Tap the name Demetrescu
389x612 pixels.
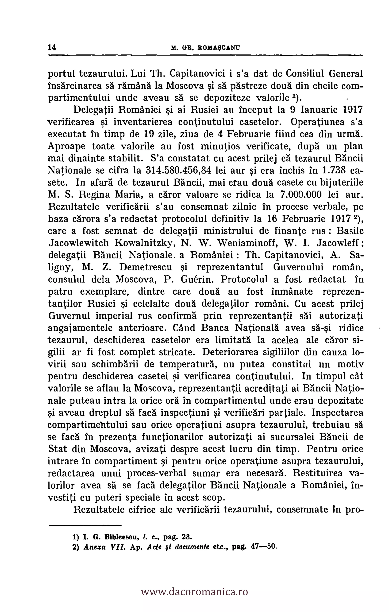click(146, 267)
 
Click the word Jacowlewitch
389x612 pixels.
click(79, 243)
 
